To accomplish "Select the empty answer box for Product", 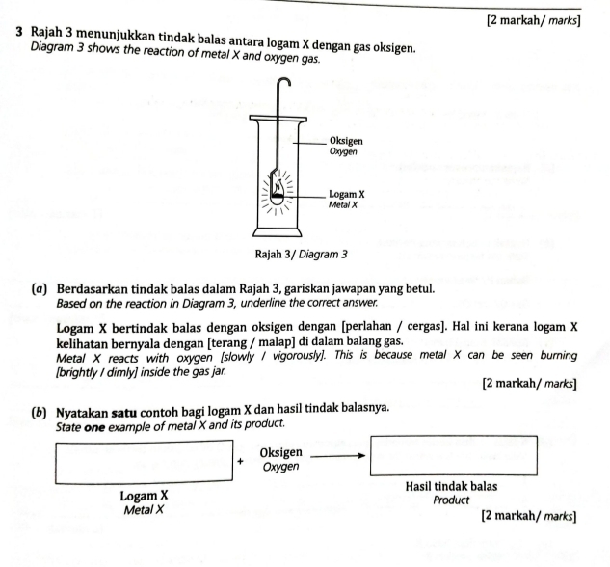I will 453,453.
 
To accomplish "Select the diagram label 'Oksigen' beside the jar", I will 345,140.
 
